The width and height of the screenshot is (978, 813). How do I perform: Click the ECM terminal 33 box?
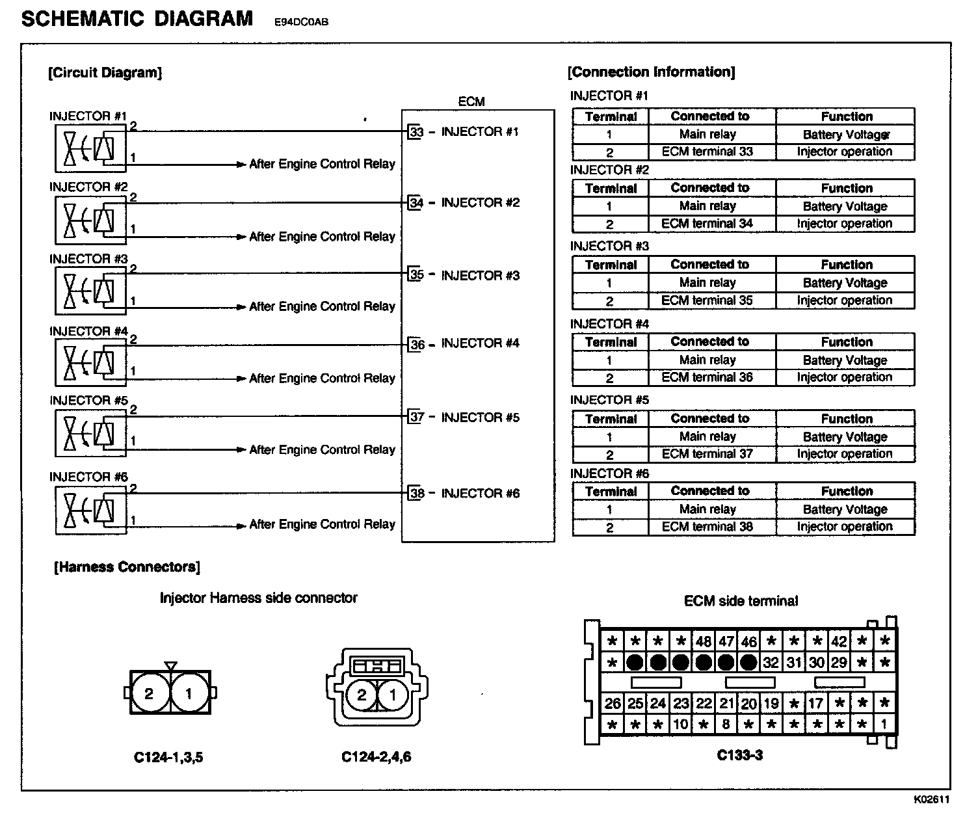[416, 132]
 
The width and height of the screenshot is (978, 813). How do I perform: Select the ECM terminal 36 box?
[416, 345]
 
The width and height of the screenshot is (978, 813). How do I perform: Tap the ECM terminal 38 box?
[416, 494]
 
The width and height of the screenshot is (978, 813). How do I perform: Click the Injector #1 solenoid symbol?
[90, 149]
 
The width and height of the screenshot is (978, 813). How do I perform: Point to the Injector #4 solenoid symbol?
[90, 363]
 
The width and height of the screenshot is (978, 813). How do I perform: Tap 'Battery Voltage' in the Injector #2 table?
[845, 206]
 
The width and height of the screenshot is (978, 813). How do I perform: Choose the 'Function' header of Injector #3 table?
[845, 265]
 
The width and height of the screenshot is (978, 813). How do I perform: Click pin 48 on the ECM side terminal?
[704, 641]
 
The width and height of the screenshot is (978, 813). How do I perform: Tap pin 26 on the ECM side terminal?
[613, 703]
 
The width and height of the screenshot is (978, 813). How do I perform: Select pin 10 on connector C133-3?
[681, 724]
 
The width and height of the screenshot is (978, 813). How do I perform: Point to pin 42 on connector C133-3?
[839, 641]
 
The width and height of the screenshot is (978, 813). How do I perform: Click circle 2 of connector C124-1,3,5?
[150, 693]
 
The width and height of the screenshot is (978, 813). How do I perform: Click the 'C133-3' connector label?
[740, 755]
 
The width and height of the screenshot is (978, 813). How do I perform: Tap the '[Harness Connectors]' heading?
[127, 567]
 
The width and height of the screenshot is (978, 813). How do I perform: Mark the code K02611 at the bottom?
[931, 799]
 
